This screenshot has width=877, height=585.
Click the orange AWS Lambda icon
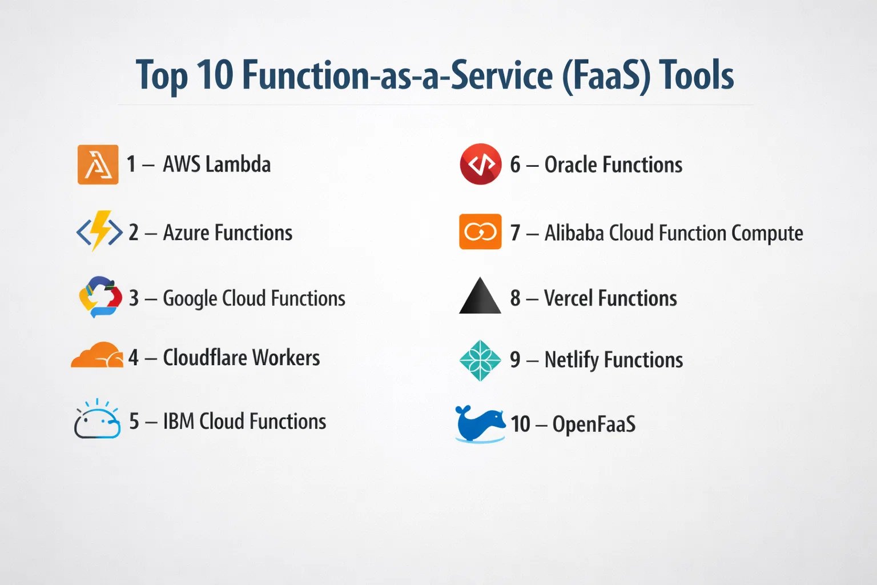98,165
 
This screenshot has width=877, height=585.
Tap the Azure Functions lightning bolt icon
99,231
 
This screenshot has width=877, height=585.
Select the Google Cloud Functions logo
100,297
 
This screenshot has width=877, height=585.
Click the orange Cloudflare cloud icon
97,355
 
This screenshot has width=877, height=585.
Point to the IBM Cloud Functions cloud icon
97,419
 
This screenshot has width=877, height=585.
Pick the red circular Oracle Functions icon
480,164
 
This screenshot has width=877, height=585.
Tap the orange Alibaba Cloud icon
480,231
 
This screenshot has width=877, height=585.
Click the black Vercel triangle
480,296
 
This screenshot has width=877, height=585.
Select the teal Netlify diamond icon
480,360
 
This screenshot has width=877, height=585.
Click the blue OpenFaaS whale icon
480,424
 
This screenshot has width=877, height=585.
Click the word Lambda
238,164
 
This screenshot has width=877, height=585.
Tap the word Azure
186,233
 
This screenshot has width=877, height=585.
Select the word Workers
286,358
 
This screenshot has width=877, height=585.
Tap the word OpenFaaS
594,424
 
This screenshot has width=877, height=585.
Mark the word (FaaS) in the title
606,76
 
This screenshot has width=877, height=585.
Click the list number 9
515,360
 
